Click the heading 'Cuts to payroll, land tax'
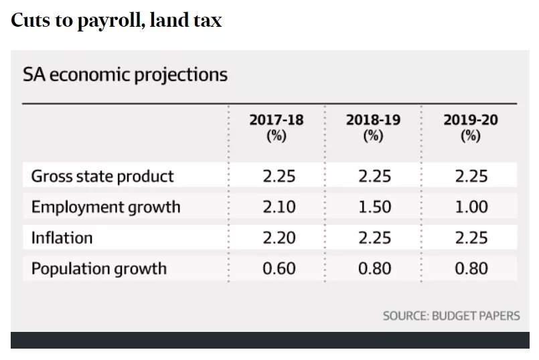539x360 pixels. (x=116, y=20)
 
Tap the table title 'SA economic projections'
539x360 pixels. (x=125, y=74)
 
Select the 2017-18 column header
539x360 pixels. (x=276, y=127)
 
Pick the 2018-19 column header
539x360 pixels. (x=373, y=127)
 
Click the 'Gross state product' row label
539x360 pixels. (x=102, y=177)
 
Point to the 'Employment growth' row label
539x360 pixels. (x=106, y=207)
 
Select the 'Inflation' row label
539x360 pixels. (x=62, y=238)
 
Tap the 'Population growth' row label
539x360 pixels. (x=98, y=269)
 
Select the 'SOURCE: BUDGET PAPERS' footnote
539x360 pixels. (x=451, y=315)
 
